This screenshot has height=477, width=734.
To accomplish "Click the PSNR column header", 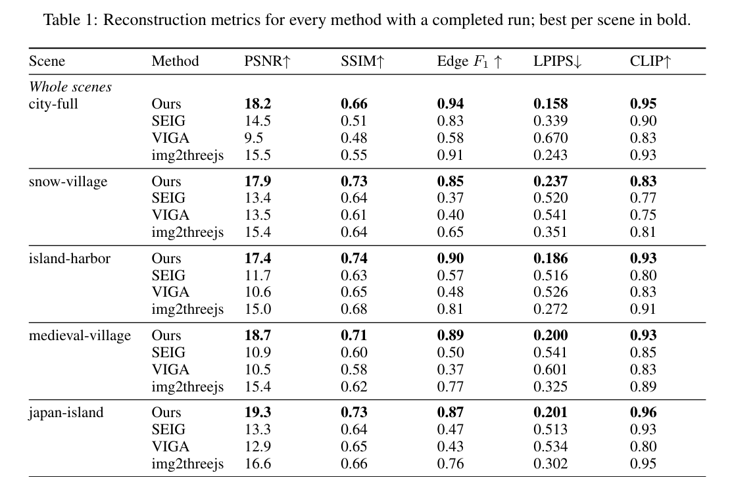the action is tap(267, 61).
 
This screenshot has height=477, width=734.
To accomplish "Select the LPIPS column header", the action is tap(558, 61).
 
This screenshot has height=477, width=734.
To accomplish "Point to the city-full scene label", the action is tap(53, 104).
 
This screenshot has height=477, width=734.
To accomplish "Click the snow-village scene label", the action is tap(68, 182).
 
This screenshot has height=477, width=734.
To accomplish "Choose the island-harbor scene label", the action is tap(69, 259).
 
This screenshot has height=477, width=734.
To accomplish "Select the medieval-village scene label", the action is tap(80, 336).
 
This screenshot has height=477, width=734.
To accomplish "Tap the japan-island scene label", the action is tap(66, 413).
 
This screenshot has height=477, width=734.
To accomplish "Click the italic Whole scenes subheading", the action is tap(70, 87).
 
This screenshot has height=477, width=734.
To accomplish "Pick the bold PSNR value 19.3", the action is tap(257, 413).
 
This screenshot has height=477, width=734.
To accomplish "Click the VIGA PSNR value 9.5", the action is tap(254, 138).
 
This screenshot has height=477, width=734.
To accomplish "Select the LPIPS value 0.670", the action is tap(550, 138).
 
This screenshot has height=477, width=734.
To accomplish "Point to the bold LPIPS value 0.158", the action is tap(550, 104).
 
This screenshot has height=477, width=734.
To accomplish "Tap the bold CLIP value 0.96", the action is tap(643, 413).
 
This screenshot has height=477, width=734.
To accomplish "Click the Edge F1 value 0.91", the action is tap(451, 155).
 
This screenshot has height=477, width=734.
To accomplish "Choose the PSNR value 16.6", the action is tap(257, 463).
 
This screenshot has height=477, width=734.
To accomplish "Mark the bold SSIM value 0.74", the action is tap(354, 259).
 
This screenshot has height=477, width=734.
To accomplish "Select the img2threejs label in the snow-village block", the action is tap(187, 233).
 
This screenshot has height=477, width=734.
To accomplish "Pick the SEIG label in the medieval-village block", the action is tap(168, 353).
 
